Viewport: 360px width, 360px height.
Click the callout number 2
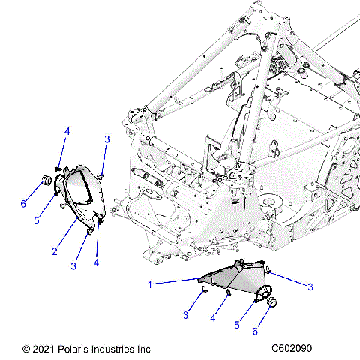[x=55, y=250]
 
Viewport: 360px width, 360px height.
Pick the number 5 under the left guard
[x=36, y=220]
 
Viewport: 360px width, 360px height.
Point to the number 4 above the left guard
[x=67, y=132]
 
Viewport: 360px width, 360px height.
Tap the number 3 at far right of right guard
[x=309, y=286]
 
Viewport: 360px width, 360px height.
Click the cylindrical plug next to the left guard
[x=44, y=180]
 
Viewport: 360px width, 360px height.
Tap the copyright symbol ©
[x=27, y=349]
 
